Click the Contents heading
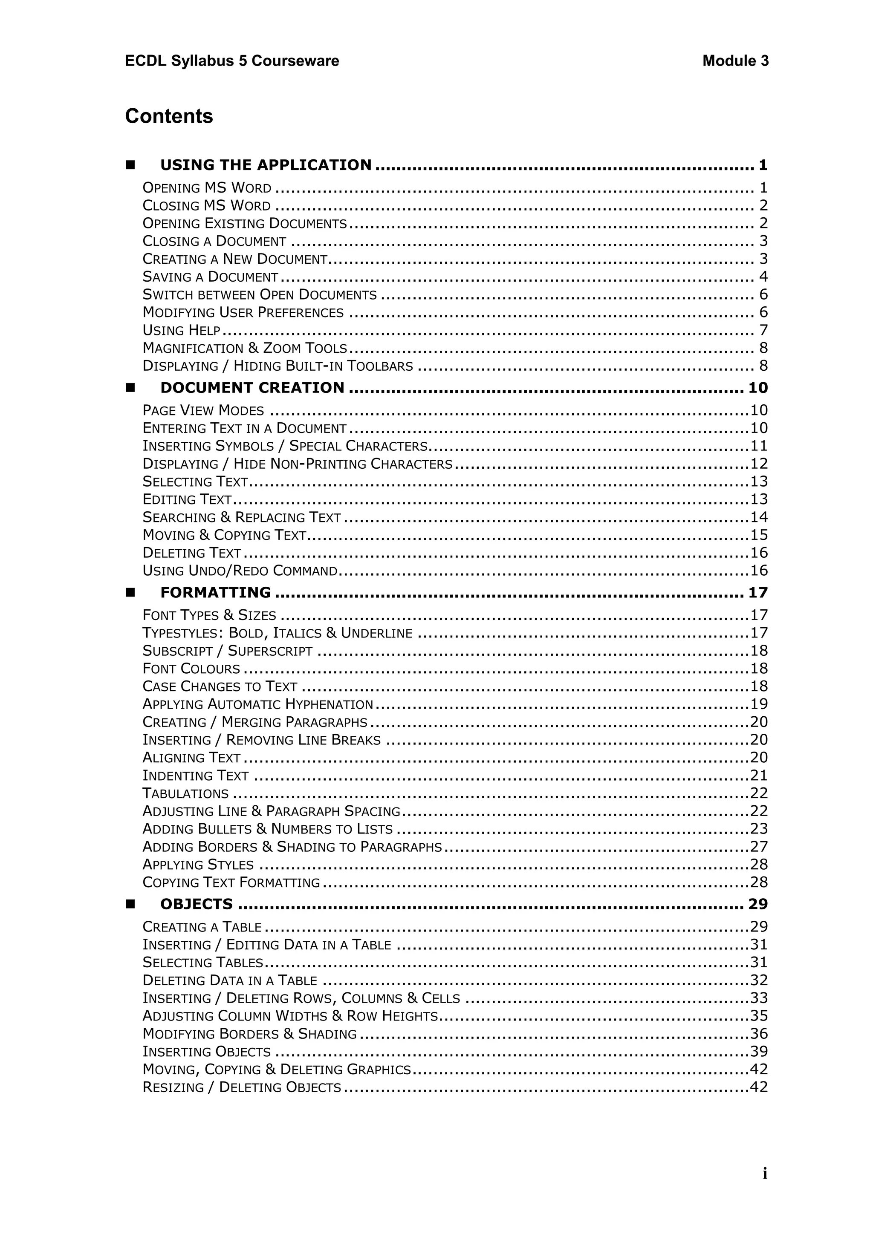pos(169,116)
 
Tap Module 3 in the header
pos(735,61)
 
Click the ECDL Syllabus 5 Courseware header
pos(232,61)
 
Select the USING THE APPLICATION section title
pos(266,165)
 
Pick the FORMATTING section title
pos(216,592)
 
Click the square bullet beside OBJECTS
pos(130,904)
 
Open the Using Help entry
pos(182,330)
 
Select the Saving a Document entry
pos(210,277)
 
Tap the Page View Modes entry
pos(203,411)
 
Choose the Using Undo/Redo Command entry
pos(240,571)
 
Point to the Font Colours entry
pos(191,669)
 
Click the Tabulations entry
pos(185,793)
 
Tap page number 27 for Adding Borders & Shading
pos(758,847)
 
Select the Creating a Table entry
pos(202,927)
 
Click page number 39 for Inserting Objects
pos(758,1051)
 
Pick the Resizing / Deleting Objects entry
pos(242,1087)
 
